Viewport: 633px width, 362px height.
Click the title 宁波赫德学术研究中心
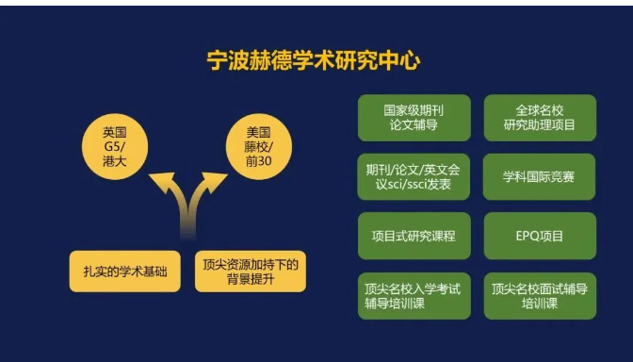point(314,61)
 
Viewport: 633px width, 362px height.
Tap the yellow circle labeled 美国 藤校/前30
point(258,144)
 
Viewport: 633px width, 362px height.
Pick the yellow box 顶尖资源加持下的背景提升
point(250,271)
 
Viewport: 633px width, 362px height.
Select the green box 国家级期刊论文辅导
point(414,117)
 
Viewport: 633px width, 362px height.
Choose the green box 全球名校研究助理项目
point(540,117)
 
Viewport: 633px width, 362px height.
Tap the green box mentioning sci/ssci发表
point(414,176)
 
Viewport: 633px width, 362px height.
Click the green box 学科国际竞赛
point(540,176)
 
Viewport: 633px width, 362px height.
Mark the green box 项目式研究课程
point(414,236)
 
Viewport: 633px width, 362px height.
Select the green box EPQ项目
point(540,236)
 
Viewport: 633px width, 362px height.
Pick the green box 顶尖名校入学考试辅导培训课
point(414,296)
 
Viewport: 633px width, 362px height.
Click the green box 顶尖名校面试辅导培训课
point(540,296)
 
